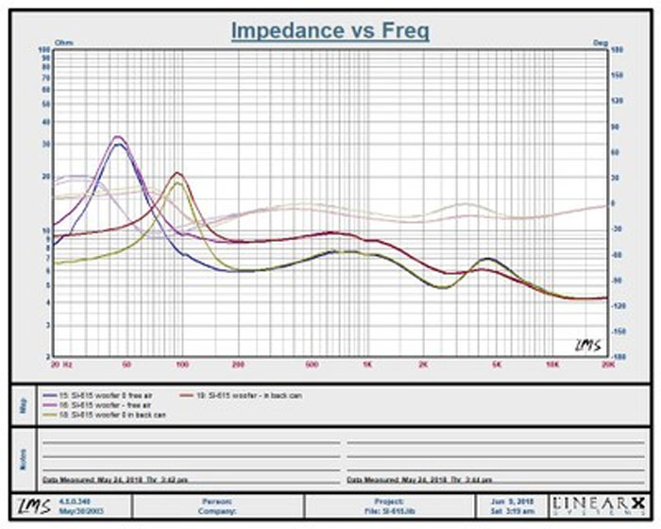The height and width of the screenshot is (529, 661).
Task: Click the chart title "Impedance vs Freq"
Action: tap(330, 31)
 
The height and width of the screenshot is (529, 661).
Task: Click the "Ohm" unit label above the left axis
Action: tap(65, 43)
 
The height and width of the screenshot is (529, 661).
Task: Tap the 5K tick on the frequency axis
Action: tap(495, 363)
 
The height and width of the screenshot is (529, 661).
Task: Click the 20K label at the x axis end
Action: tap(605, 363)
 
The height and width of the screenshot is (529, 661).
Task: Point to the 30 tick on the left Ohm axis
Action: tap(44, 145)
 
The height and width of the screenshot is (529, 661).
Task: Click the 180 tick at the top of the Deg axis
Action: tap(618, 49)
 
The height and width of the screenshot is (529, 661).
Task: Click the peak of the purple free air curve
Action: tap(117, 138)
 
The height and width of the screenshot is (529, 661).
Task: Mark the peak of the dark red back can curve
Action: tap(178, 174)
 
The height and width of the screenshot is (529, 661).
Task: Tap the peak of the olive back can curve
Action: tap(178, 183)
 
